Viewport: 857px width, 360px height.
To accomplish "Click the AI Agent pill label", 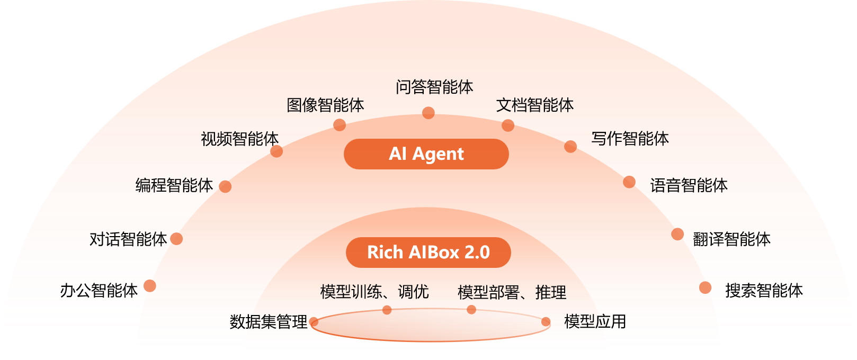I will point(426,154).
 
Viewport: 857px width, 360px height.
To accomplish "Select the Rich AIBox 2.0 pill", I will point(429,253).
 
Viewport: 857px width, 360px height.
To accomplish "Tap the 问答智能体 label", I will point(434,87).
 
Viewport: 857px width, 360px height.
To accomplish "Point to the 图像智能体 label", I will point(325,105).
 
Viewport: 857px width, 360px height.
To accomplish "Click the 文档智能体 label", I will point(535,105).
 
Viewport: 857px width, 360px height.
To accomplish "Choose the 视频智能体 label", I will point(239,139).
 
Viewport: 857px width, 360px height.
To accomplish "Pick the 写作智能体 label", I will point(630,139).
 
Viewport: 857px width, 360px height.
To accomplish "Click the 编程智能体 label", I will point(174,185).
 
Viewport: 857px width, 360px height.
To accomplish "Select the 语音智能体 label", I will point(689,185).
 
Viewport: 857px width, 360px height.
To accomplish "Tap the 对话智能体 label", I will point(128,239).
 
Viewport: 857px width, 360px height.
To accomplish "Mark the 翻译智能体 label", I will point(731,239).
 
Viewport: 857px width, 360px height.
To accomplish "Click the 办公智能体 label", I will point(99,290).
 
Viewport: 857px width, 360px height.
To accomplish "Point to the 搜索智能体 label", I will point(764,290).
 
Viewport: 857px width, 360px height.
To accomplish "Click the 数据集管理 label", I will point(268,321).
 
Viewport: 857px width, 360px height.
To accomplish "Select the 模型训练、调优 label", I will point(374,292).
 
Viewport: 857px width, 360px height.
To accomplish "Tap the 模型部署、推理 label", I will point(512,292).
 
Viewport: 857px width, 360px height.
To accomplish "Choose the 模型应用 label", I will point(595,321).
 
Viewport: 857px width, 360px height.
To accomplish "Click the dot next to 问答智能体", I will point(429,113).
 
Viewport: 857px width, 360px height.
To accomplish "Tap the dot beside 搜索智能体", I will point(705,287).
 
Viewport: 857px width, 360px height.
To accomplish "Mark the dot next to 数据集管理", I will point(314,322).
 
